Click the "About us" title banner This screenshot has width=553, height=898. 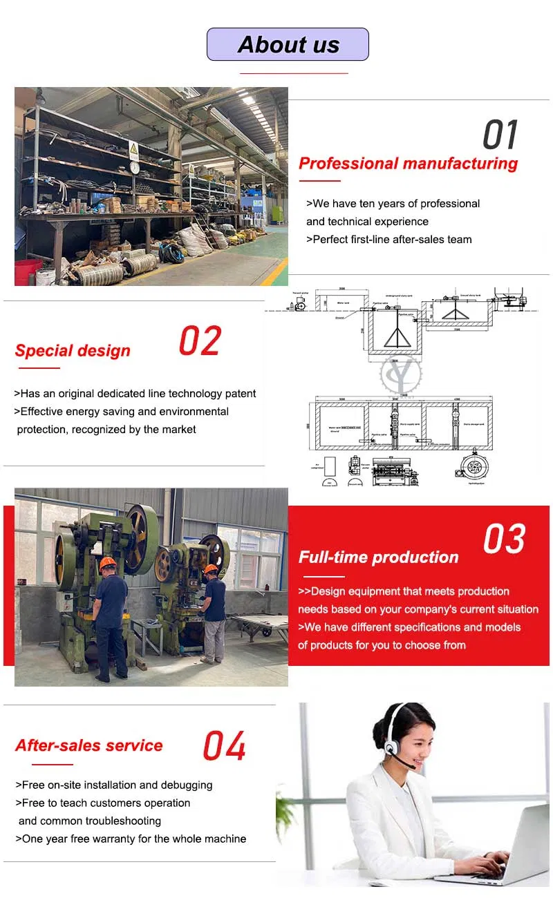click(288, 44)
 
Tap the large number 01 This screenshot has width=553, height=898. click(500, 135)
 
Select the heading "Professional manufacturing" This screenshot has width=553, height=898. click(408, 164)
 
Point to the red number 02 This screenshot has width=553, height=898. click(200, 341)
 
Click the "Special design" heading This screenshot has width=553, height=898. click(73, 351)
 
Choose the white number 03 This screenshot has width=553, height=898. click(504, 539)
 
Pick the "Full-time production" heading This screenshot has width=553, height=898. click(378, 557)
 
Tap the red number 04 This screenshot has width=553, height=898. click(224, 746)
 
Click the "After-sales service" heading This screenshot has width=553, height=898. click(89, 746)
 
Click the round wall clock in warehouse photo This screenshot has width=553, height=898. click(134, 167)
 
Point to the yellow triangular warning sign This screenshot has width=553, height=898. click(133, 149)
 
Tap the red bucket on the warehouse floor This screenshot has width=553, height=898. click(27, 271)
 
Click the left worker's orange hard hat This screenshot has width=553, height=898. click(108, 564)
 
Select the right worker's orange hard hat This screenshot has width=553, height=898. click(211, 569)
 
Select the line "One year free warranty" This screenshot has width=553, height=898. click(131, 839)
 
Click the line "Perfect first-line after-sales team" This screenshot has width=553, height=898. click(389, 240)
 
